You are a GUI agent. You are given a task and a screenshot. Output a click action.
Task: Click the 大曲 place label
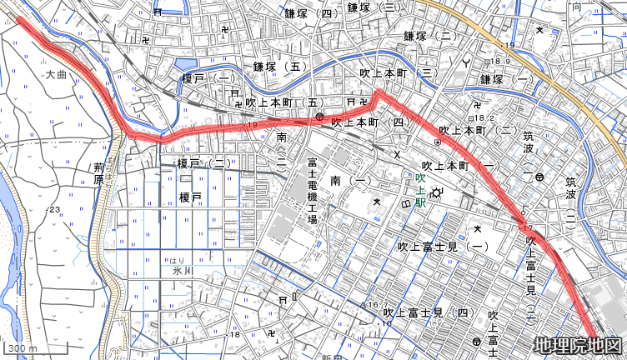point(56,75)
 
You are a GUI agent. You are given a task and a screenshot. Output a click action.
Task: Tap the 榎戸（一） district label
point(209,78)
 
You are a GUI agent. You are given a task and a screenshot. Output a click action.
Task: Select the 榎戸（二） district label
point(204,164)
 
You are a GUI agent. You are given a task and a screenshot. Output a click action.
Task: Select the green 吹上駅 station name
point(421,190)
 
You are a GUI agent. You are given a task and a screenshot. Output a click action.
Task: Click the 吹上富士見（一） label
point(443,247)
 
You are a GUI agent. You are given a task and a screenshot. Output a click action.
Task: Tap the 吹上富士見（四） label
point(435,313)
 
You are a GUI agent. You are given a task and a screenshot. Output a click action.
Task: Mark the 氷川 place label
point(183,272)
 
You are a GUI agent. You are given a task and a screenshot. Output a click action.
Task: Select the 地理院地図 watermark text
point(578,345)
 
